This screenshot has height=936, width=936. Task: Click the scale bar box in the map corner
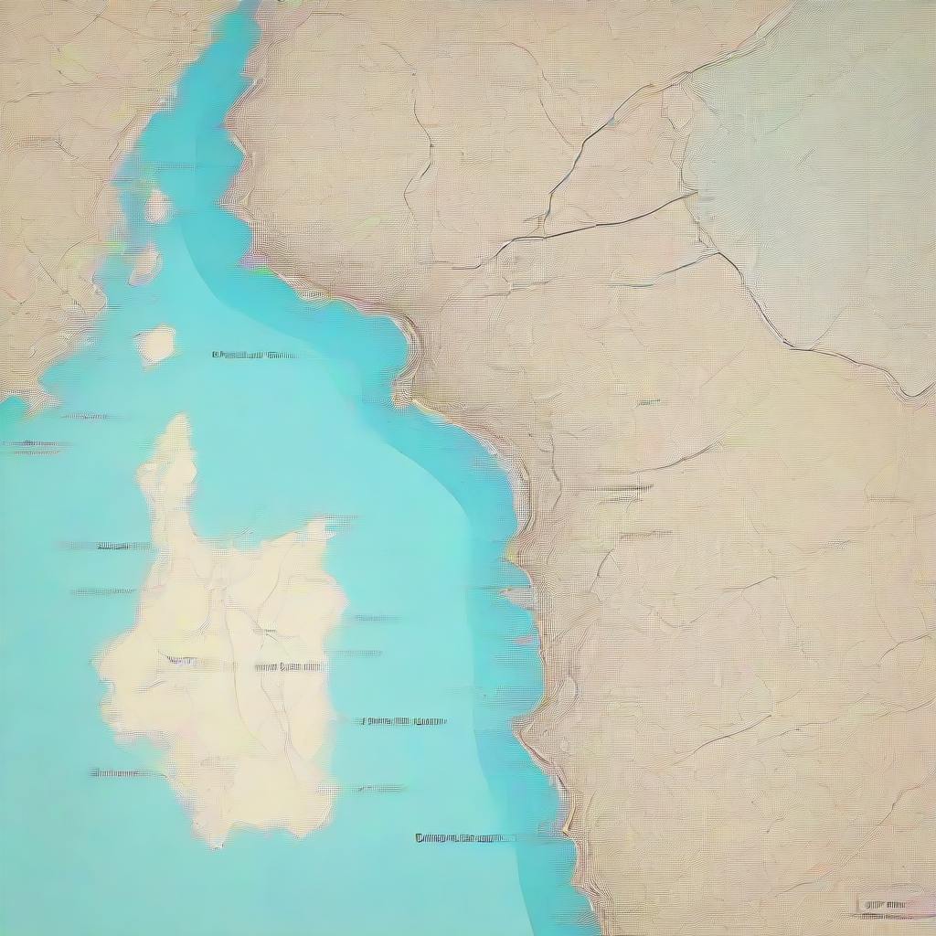(897, 904)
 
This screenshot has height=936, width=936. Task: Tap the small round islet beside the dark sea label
(156, 344)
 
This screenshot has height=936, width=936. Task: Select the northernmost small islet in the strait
(157, 205)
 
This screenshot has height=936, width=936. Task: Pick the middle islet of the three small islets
(145, 265)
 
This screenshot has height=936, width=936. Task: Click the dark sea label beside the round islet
(253, 355)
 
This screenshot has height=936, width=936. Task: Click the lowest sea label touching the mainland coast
(464, 837)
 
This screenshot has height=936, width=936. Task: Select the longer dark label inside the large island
(288, 666)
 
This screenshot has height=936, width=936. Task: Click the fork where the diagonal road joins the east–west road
(546, 234)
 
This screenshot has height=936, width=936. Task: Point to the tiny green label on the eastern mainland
(648, 402)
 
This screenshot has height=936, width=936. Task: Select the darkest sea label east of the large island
(402, 721)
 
